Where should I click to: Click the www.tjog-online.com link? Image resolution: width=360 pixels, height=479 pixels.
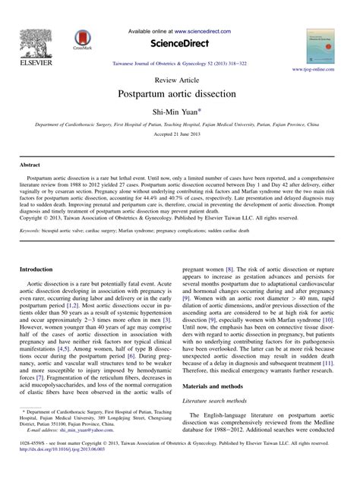click(312, 69)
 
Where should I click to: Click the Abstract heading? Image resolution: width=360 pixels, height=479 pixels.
click(30, 163)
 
